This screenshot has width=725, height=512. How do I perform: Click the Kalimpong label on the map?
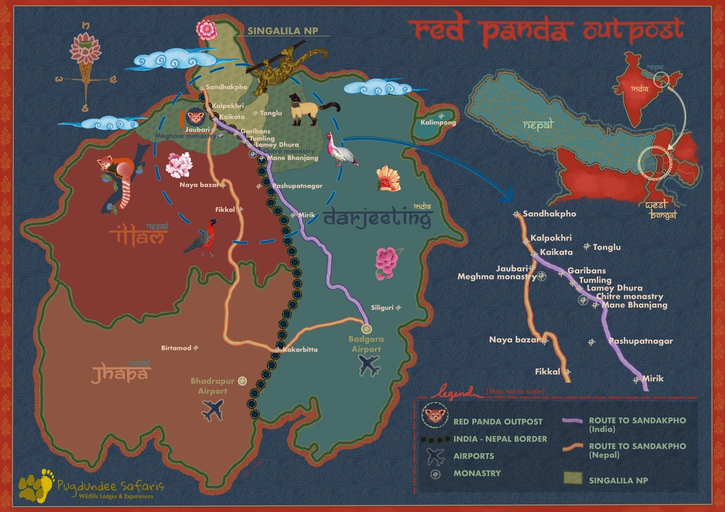pos(438,122)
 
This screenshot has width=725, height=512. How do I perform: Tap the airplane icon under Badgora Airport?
pos(369,365)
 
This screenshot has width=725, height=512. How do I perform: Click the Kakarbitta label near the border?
pos(300,350)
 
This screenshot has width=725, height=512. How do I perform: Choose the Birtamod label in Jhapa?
pos(176,348)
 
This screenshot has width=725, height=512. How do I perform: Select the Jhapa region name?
pos(120,373)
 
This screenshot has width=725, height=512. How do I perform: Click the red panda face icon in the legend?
pos(434,418)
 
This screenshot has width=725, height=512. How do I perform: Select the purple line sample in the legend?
pos(573,420)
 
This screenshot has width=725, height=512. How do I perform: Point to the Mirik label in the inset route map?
pos(652,378)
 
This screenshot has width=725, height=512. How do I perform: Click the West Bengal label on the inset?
pos(661,211)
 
